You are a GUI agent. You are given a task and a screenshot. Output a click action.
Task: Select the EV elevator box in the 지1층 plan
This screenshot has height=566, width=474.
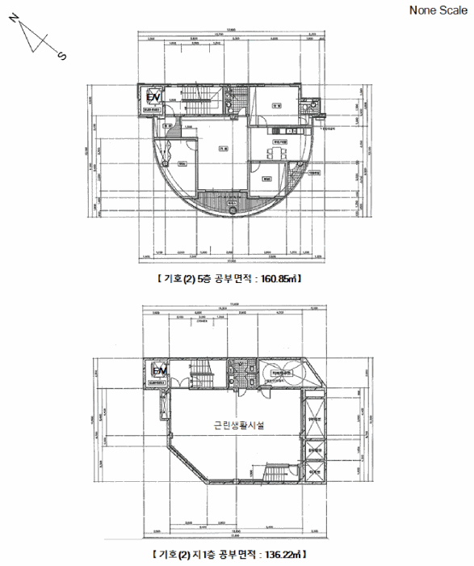tap(158, 371)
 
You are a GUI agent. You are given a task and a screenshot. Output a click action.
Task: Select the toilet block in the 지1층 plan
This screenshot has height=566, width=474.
tap(237, 373)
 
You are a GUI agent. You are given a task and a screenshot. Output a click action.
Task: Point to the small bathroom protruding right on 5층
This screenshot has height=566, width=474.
tap(307, 107)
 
